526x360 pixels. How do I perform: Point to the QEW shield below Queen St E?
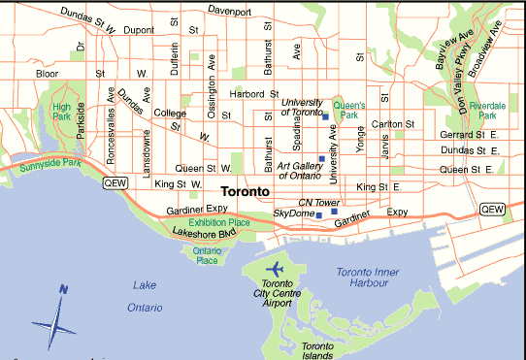pyautogui.click(x=492, y=209)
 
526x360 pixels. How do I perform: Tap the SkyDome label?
pyautogui.click(x=293, y=213)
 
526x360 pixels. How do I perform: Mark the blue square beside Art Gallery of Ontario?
pyautogui.click(x=321, y=158)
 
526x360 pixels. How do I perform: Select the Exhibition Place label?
pyautogui.click(x=218, y=223)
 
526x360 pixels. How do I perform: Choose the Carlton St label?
pyautogui.click(x=393, y=124)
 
